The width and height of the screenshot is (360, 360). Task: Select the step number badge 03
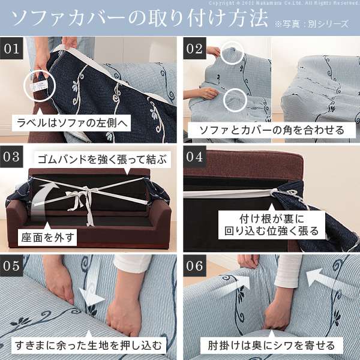[x=13, y=158]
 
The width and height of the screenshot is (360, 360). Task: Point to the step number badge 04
[x=194, y=158]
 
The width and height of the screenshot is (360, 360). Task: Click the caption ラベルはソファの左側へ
[x=73, y=124]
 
